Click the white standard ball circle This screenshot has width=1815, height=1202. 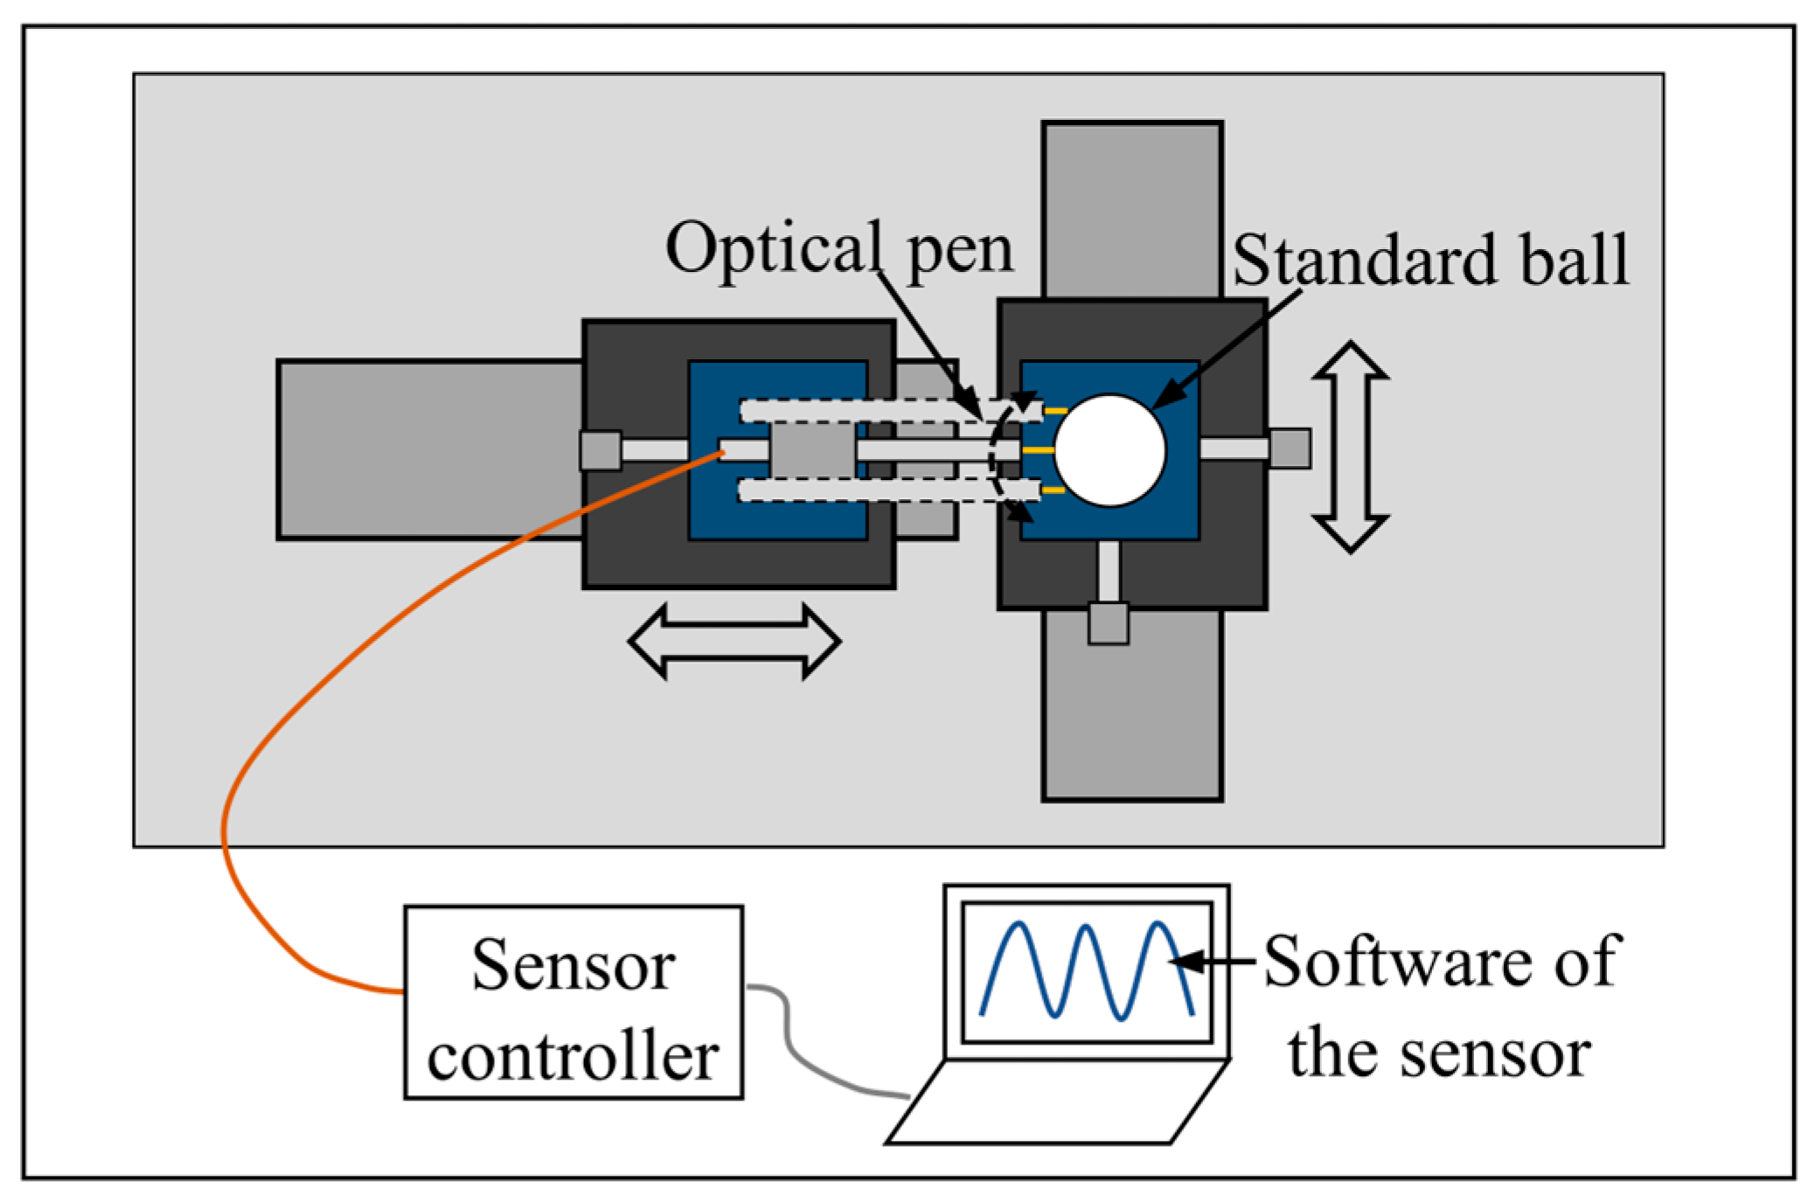(x=1109, y=450)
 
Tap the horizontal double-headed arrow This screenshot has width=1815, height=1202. (x=734, y=641)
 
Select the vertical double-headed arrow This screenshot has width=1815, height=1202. (x=1351, y=447)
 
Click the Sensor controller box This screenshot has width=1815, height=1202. (x=574, y=1002)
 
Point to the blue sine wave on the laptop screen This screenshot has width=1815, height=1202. (x=1087, y=970)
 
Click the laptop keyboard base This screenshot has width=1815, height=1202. (x=1058, y=1101)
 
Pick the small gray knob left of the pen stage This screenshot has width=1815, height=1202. (x=601, y=450)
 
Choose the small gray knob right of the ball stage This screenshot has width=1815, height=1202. (x=1290, y=448)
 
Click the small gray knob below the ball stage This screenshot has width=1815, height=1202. (x=1109, y=623)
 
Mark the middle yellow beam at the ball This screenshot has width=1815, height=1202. (x=1038, y=450)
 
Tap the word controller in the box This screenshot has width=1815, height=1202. (x=574, y=1056)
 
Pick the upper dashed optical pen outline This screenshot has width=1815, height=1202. (x=891, y=410)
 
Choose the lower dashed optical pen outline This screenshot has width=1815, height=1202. (x=889, y=490)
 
